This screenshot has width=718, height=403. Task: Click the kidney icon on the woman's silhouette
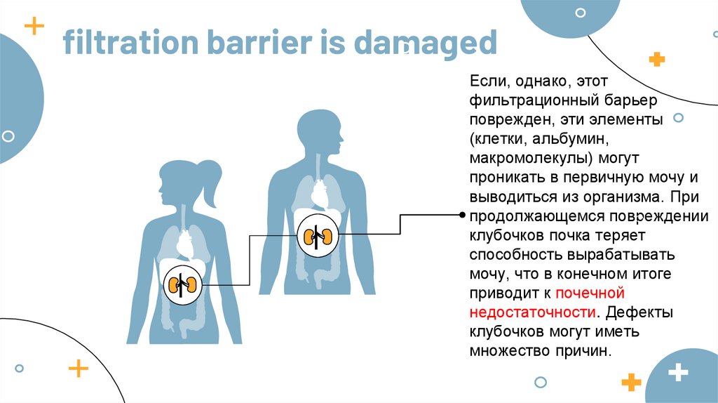coord(183,284)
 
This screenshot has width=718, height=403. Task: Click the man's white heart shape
coord(319,193)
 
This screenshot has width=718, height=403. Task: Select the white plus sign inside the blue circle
coord(678,372)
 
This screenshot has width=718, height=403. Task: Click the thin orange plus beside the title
coord(34,27)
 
